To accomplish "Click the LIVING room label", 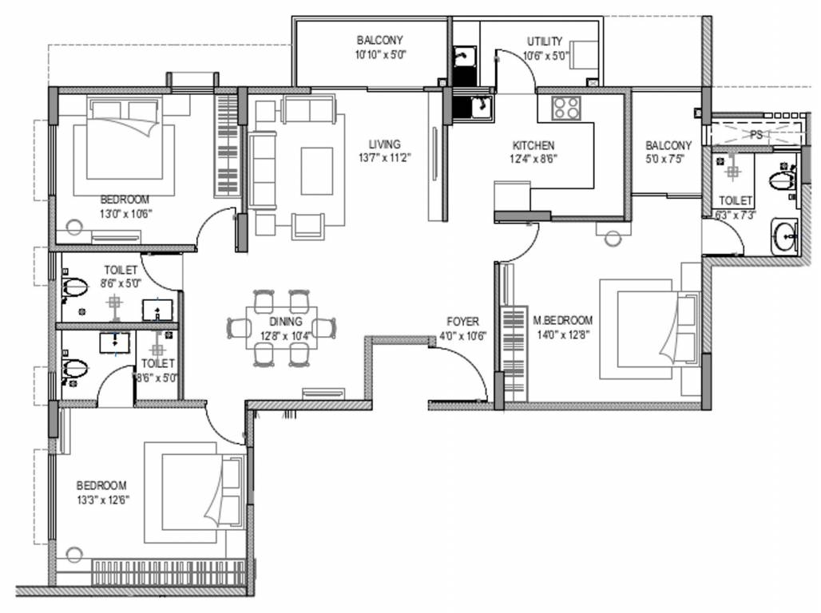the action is [384, 144].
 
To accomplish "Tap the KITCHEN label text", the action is [533, 145].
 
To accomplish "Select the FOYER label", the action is [462, 322].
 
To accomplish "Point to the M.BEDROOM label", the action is [562, 320].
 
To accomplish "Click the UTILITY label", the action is [545, 42].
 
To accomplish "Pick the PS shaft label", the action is [756, 135].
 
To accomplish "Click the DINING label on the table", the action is [285, 322].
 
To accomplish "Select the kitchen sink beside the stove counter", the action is [481, 107].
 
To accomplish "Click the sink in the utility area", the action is [464, 56].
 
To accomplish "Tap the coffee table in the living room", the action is [317, 171].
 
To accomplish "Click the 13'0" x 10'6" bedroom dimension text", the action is [125, 214].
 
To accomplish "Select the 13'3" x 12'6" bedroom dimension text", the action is [102, 500].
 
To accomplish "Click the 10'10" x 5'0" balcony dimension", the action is [381, 54].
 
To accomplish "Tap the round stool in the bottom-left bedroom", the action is [74, 555].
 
